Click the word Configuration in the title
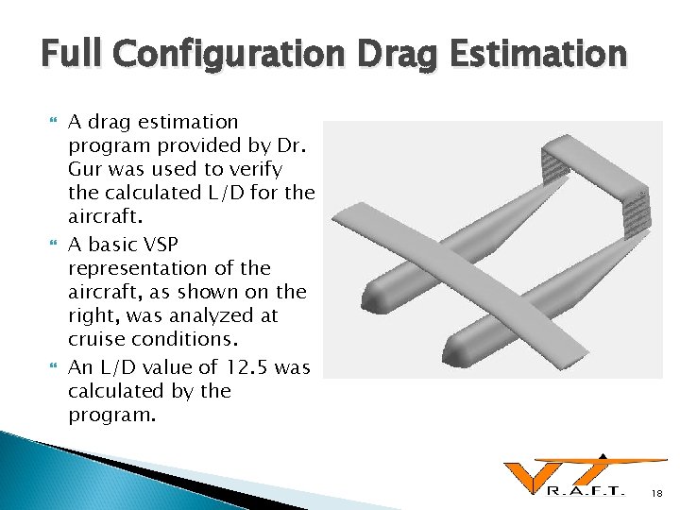(228, 55)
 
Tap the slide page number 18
(658, 493)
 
